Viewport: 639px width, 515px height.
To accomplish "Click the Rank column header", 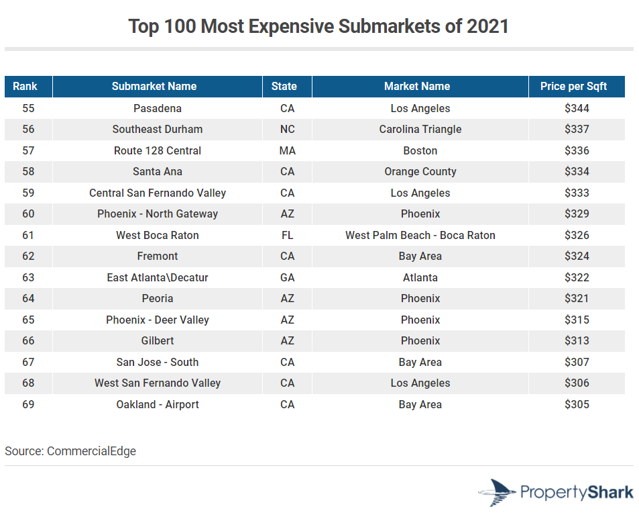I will click(25, 86).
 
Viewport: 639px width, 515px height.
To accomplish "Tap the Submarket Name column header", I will click(154, 86).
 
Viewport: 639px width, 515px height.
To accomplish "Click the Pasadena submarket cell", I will click(158, 108).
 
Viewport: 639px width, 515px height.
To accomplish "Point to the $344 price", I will click(577, 108).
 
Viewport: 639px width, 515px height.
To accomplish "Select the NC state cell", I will click(287, 129).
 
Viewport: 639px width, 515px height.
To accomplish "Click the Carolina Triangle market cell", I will click(420, 129).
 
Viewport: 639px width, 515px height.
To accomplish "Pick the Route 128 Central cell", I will click(158, 150).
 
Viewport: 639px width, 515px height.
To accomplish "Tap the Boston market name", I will click(420, 150).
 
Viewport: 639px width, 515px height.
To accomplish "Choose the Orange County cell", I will click(420, 171).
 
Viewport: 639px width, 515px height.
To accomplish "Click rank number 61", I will click(28, 235).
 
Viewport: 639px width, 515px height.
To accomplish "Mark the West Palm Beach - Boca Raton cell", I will click(420, 235).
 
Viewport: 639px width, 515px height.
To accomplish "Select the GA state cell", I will click(287, 277).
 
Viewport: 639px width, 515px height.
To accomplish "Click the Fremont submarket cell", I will click(158, 256).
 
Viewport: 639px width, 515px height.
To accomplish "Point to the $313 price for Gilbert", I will click(577, 340).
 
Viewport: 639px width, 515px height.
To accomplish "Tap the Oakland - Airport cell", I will click(158, 404).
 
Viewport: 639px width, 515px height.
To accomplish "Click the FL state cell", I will click(287, 235).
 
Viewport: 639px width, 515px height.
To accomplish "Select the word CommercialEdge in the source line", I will click(91, 451).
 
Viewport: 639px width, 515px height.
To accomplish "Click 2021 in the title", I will click(487, 26).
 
